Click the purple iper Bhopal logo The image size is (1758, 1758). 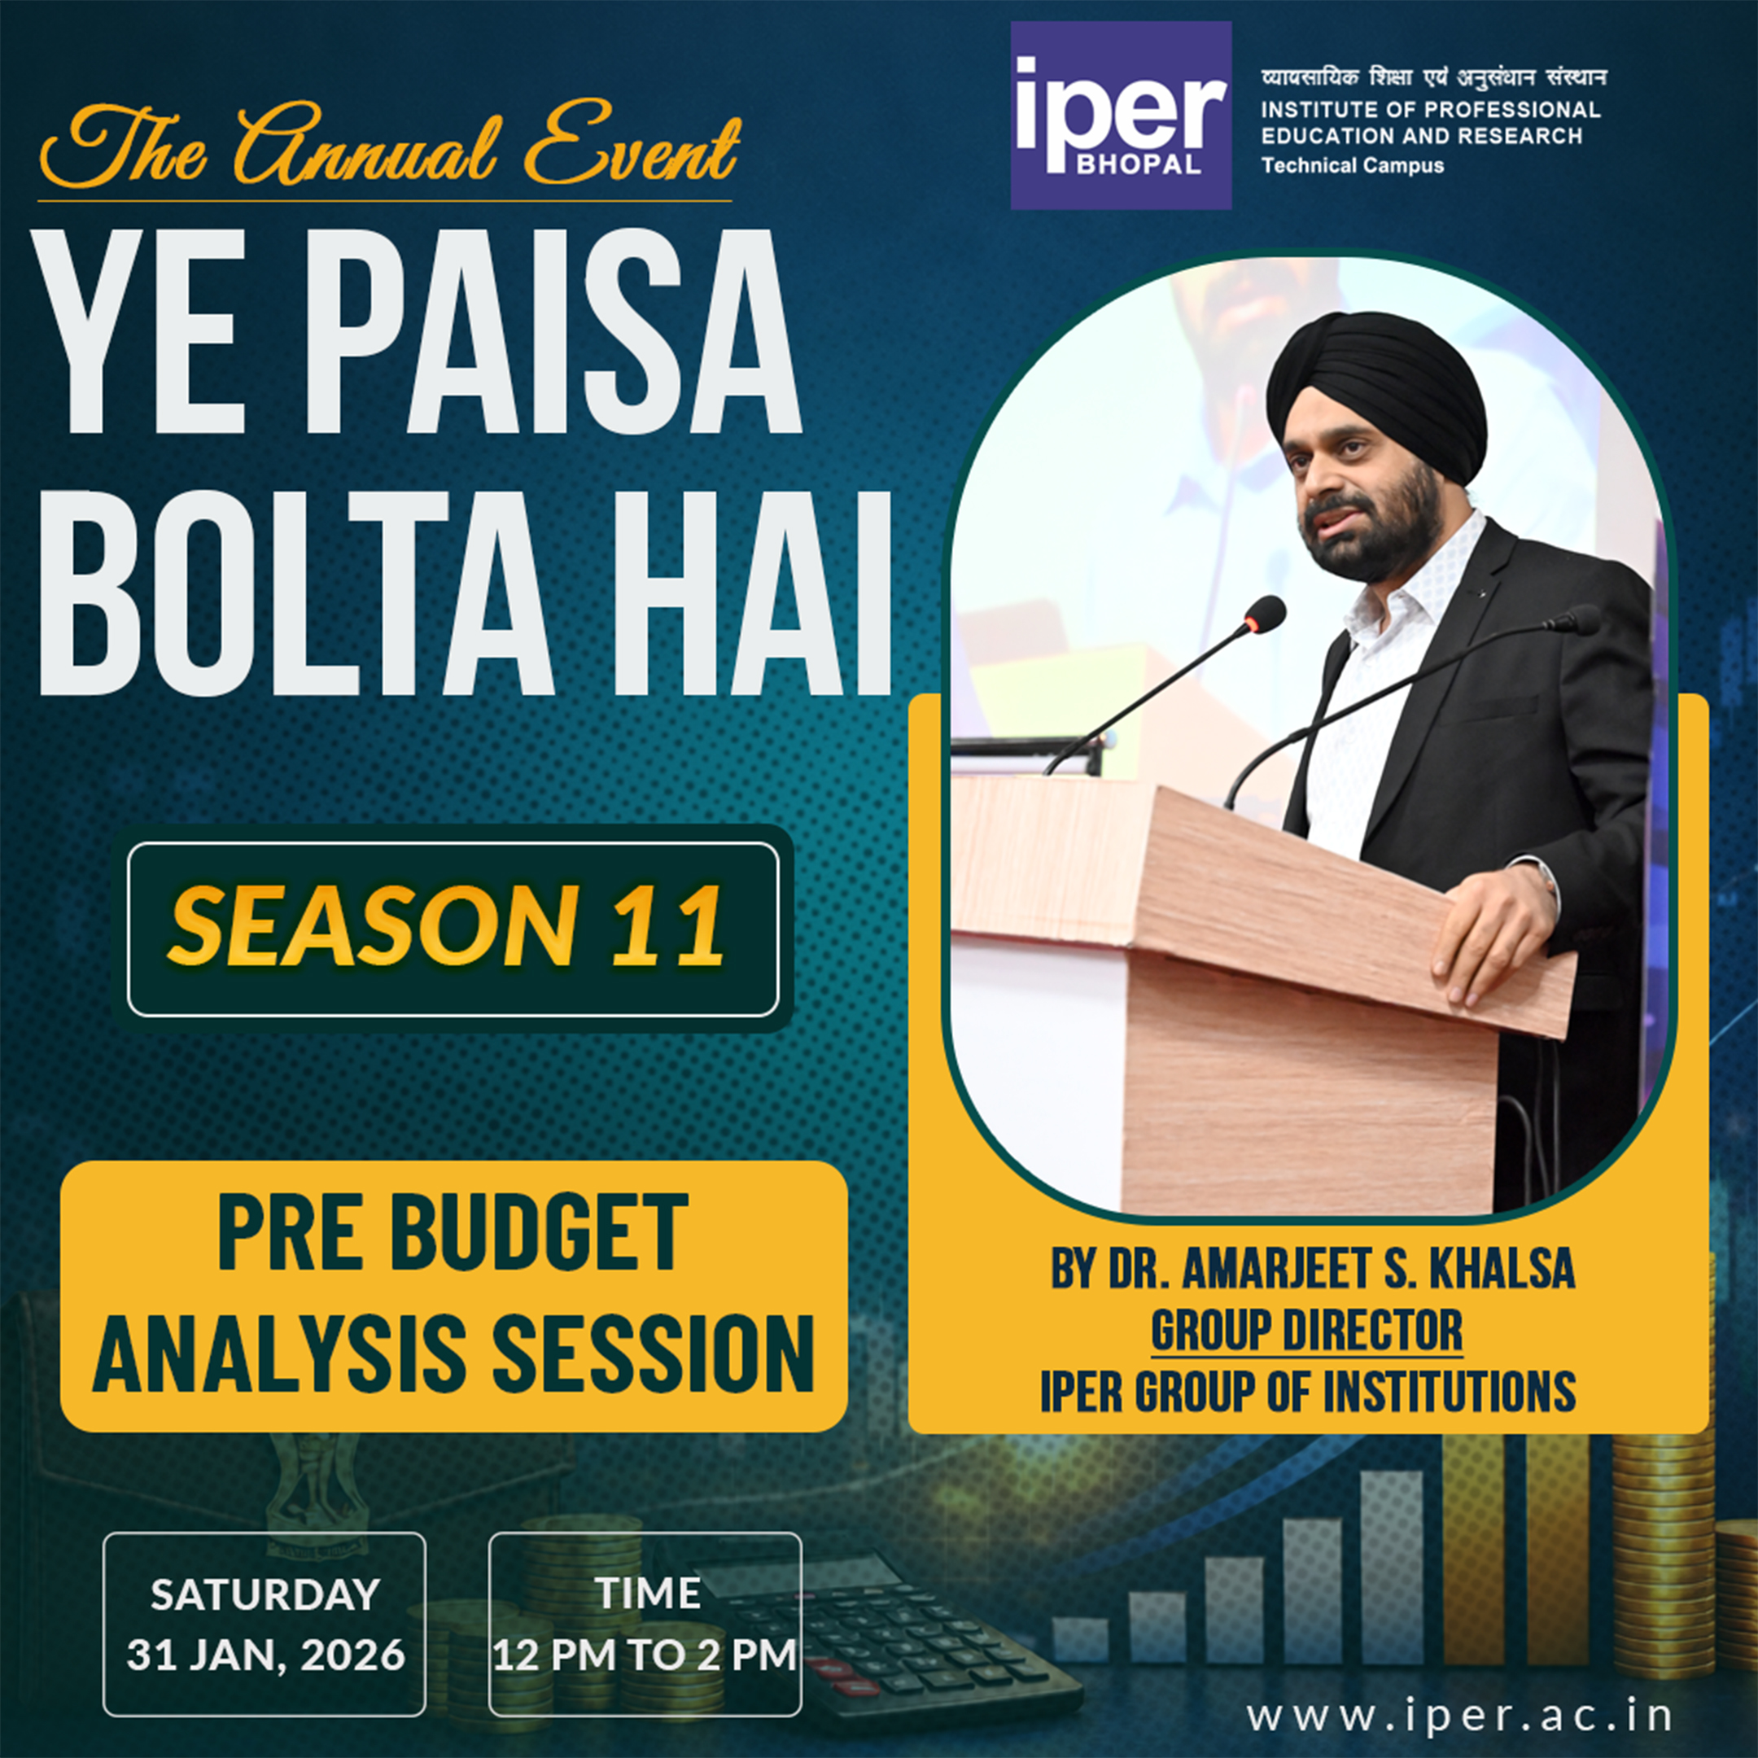(1120, 116)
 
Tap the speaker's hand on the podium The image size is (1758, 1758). (1493, 938)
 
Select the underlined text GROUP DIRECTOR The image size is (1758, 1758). (1306, 1331)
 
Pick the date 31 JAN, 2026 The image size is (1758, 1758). (265, 1655)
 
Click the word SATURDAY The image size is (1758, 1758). (265, 1595)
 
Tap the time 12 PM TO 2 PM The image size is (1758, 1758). (645, 1655)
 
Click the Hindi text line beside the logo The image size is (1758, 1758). (1432, 78)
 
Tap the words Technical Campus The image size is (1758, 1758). (1351, 165)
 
